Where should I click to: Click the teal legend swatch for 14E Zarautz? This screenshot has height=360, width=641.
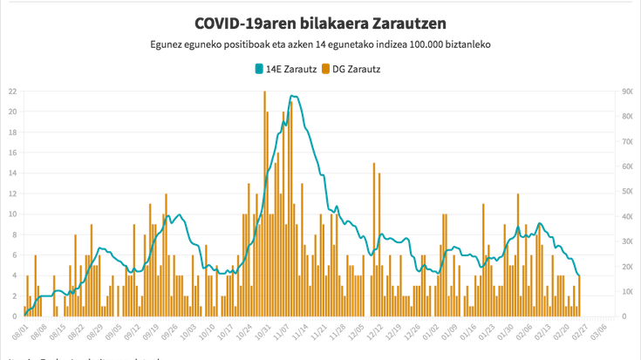(x=257, y=67)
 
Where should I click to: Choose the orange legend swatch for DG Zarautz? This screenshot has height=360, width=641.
(x=326, y=67)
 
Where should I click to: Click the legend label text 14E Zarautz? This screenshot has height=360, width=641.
(x=287, y=67)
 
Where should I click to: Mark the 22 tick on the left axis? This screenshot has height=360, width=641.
(x=11, y=91)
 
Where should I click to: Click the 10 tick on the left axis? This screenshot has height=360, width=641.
(x=11, y=214)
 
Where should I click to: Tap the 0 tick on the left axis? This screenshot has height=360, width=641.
(x=14, y=316)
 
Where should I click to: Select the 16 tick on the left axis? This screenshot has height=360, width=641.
(x=11, y=153)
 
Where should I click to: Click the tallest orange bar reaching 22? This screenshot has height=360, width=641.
(x=264, y=96)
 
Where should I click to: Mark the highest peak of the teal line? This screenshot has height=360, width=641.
(x=294, y=95)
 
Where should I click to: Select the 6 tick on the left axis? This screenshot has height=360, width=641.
(x=14, y=255)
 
